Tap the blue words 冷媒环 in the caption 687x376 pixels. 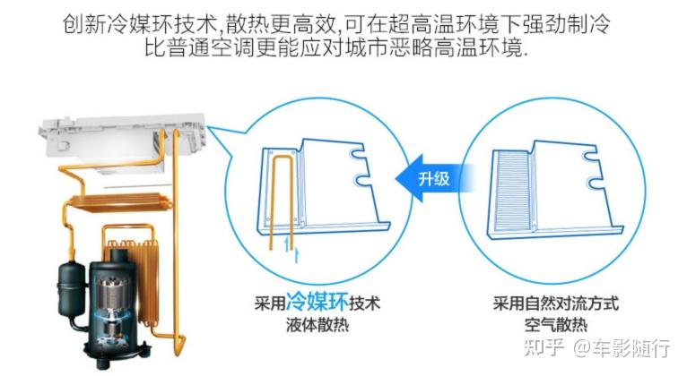pos(317,302)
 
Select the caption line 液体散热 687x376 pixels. pos(317,325)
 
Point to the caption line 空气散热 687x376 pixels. pos(555,325)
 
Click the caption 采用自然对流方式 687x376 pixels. pos(555,303)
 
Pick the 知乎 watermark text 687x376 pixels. pos(544,347)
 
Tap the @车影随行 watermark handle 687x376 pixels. pos(622,347)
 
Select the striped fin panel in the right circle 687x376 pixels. pos(512,190)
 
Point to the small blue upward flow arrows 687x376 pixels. pos(291,249)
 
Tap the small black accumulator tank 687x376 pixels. pos(72,288)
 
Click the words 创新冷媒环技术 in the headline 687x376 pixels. pos(141,24)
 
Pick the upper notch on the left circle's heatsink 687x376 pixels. pos(358,154)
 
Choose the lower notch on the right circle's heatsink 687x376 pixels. pos(595,183)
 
